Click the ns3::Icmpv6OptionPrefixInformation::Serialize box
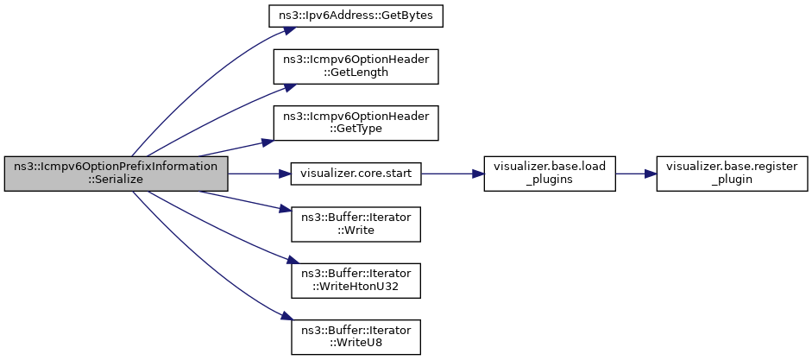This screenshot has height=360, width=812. point(116,174)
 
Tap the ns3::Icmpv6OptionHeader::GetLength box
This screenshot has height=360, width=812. point(356,66)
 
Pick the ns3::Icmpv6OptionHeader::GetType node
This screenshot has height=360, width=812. point(356,123)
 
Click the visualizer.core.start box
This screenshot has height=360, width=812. point(356,174)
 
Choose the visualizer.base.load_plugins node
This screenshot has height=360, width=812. point(550,174)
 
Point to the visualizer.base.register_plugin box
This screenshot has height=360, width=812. point(732,174)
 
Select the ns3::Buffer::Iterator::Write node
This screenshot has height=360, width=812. point(356,224)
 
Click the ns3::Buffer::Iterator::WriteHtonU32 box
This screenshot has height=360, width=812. point(356,281)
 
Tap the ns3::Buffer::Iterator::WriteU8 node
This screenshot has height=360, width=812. point(356,337)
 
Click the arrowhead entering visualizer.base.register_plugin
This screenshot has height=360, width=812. point(651,174)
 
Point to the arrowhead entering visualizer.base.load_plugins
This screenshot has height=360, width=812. point(479,174)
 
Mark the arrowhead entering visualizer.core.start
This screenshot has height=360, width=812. point(286,174)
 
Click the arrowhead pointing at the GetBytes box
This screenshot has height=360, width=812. point(290,30)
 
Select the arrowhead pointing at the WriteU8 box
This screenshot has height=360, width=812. point(286,317)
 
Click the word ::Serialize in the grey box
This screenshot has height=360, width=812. point(116,180)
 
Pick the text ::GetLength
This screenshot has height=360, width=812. point(356,72)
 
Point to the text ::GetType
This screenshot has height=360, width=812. point(356,128)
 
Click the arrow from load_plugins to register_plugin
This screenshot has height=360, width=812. point(636,174)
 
